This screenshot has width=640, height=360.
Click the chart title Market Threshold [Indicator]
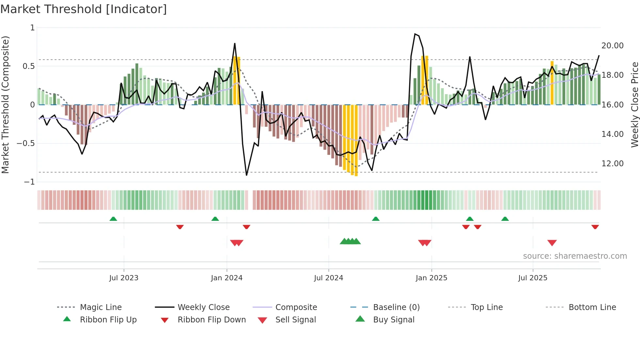tap(84, 9)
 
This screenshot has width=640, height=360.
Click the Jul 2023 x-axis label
tap(124, 278)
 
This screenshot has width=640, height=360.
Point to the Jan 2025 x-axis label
tap(431, 278)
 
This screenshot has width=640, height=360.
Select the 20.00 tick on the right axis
tap(612, 46)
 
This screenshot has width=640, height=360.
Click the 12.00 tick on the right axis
tap(612, 164)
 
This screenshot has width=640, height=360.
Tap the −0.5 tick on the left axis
tap(26, 143)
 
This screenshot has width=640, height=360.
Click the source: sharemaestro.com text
tap(575, 256)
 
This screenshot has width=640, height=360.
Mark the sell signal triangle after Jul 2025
tap(552, 243)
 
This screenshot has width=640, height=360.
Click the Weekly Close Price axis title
tap(634, 105)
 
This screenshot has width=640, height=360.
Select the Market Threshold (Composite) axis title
tap(5, 105)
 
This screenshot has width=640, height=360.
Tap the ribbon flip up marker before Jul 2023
tap(113, 219)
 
